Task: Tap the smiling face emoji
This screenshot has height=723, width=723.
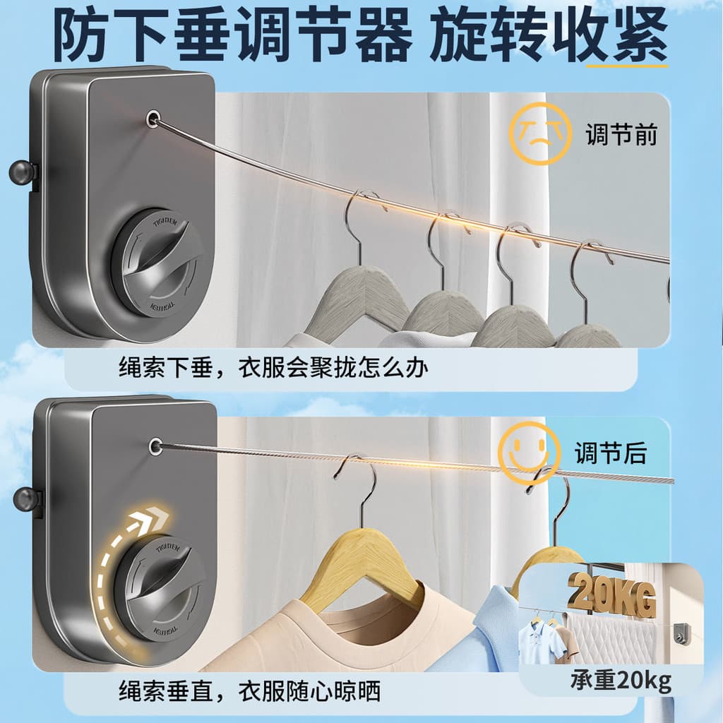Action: (530, 453)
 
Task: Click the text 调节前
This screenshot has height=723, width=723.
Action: (621, 134)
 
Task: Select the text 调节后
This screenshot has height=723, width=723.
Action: (611, 453)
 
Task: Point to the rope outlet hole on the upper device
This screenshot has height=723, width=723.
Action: (153, 119)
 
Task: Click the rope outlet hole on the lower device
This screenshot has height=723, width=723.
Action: (155, 446)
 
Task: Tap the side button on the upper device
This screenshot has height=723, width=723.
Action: (22, 172)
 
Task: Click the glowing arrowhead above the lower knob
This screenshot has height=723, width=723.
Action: (153, 520)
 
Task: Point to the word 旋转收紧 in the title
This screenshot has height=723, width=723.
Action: (548, 35)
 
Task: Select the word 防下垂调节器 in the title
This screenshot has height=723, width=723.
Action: (232, 35)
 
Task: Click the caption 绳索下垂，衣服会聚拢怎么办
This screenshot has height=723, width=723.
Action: (273, 368)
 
